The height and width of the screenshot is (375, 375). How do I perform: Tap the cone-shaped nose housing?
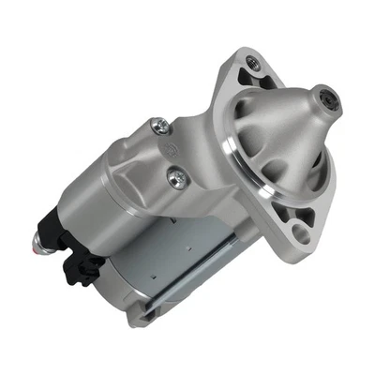281,131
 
